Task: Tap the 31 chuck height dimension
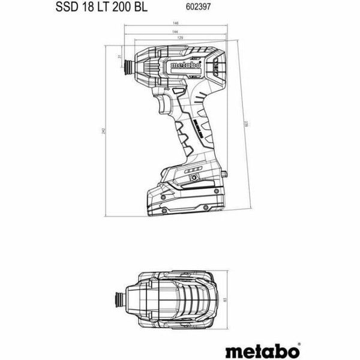pos(119,57)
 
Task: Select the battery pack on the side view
pos(187,195)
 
